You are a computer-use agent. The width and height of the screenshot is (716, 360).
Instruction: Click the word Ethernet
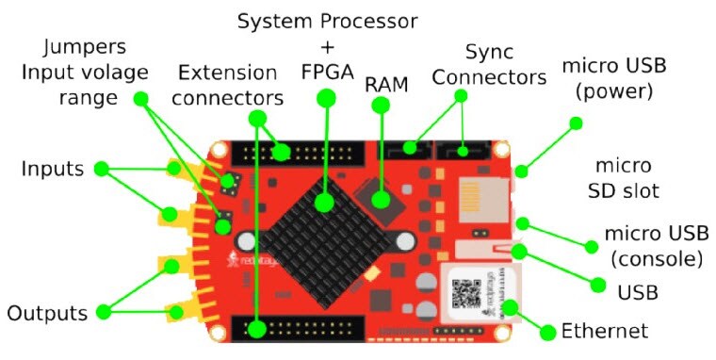604,331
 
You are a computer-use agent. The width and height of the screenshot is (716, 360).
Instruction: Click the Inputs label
53,170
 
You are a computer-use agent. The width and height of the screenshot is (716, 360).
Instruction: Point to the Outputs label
48,312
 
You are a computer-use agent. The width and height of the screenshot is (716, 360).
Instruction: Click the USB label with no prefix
637,292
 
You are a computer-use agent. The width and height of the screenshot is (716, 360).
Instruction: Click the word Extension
228,73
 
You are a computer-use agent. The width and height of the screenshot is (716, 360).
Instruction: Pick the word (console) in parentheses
656,257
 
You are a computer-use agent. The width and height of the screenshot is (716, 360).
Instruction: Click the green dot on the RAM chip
381,200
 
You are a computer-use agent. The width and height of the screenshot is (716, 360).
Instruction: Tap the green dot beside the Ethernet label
544,331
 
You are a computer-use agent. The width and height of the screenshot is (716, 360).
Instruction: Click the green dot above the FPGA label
326,97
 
